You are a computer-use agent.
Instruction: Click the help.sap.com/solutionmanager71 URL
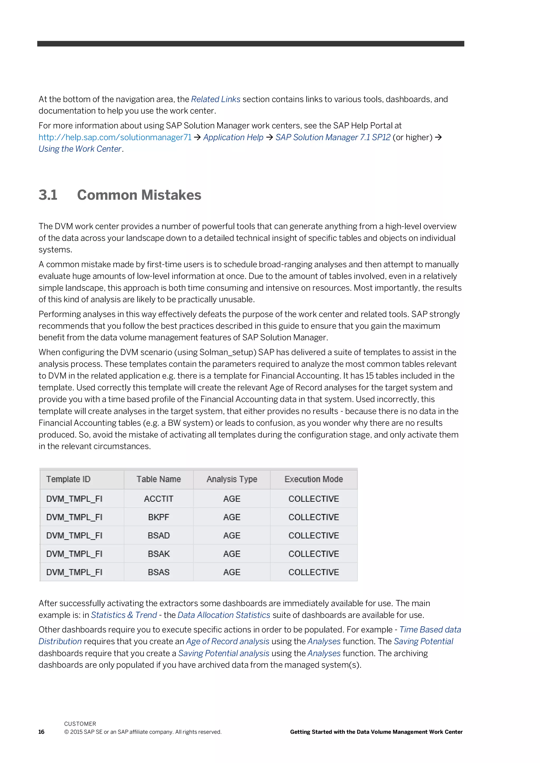[x=115, y=137]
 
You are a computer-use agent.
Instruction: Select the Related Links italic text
[x=215, y=99]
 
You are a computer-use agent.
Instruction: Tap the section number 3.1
[x=48, y=195]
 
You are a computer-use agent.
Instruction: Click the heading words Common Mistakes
[x=139, y=195]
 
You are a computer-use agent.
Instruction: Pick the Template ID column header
[x=68, y=479]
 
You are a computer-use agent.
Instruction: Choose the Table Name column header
[x=159, y=479]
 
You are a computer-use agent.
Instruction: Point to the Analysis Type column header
[x=232, y=479]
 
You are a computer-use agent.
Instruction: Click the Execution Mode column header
[x=314, y=479]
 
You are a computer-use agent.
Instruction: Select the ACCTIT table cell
[x=159, y=499]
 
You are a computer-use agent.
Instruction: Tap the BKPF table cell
[x=159, y=517]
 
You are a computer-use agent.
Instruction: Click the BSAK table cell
[x=159, y=554]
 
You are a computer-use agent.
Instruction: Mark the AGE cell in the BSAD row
[x=232, y=535]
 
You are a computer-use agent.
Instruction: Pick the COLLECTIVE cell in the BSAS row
[x=314, y=572]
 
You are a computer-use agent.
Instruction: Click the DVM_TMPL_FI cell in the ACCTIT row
[x=74, y=499]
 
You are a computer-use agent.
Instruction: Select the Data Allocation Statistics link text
[x=224, y=615]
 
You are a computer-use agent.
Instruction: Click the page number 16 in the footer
[x=41, y=732]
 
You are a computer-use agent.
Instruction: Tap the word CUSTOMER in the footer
[x=80, y=724]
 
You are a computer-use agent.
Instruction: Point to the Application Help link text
[x=233, y=137]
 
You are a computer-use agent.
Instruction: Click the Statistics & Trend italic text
[x=124, y=615]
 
